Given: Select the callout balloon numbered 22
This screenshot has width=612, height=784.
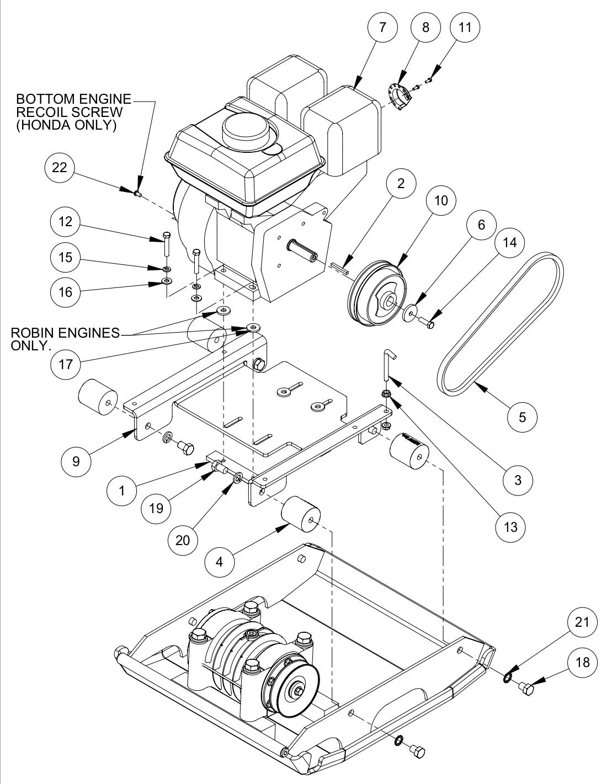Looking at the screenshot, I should coord(59,168).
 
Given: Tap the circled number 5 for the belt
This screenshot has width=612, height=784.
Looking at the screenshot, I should coord(523,417).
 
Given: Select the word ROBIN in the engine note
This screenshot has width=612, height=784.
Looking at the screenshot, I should coord(33,333).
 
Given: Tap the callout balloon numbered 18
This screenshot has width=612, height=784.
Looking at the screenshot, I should coord(582,662).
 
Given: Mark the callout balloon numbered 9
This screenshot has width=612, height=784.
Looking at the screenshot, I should coord(76,461).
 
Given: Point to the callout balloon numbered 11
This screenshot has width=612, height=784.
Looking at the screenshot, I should coord(466,27).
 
